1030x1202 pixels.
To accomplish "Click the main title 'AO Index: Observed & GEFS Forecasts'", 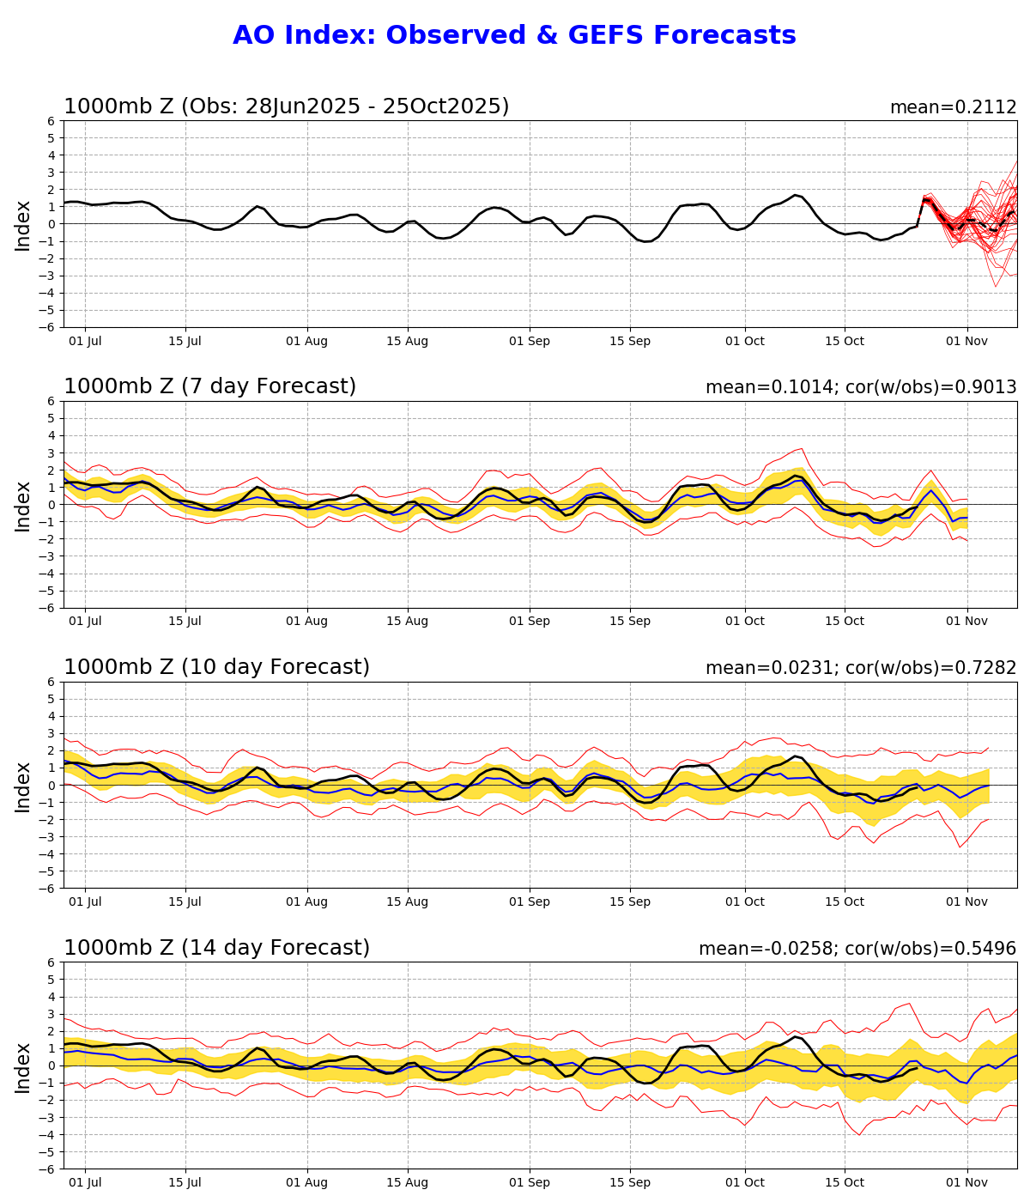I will point(514,36).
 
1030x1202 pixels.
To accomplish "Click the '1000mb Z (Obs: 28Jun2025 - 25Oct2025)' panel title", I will point(287,106).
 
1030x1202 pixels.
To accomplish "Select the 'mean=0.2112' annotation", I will point(953,107).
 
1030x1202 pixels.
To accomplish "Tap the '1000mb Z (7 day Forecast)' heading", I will point(209,387).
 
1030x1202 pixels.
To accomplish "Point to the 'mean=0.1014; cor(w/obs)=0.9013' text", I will point(861,387).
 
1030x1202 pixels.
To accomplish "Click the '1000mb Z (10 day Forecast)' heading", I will point(216,668).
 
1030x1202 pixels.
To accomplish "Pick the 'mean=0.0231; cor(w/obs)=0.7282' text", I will point(861,668).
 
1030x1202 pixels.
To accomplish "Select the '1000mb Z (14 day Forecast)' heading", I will point(216,948).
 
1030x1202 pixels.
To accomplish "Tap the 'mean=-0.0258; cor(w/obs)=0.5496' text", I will point(857,949).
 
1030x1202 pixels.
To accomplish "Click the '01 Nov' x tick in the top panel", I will point(967,341).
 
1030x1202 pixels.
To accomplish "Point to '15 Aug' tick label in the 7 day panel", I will point(407,622).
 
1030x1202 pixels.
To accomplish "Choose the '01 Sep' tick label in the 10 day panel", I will point(529,902).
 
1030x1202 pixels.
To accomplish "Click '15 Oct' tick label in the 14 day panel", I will point(845,1182).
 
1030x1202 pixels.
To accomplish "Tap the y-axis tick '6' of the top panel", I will point(51,121).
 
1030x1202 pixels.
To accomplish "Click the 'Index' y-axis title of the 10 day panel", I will point(23,786).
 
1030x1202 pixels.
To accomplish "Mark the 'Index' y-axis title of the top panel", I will point(23,224).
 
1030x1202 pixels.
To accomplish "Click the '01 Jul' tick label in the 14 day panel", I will point(85,1182).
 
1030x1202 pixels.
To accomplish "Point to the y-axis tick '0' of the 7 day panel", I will point(51,505).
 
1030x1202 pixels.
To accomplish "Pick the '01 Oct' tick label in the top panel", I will point(744,341).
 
